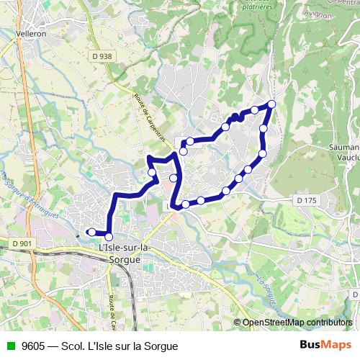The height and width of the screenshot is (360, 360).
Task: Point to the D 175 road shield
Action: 307,199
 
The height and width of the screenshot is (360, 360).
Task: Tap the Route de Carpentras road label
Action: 149,116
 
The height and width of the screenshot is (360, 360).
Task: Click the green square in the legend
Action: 9,346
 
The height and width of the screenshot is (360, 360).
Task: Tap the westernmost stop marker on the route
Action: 91,232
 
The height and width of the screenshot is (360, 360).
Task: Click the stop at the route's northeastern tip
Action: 271,104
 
